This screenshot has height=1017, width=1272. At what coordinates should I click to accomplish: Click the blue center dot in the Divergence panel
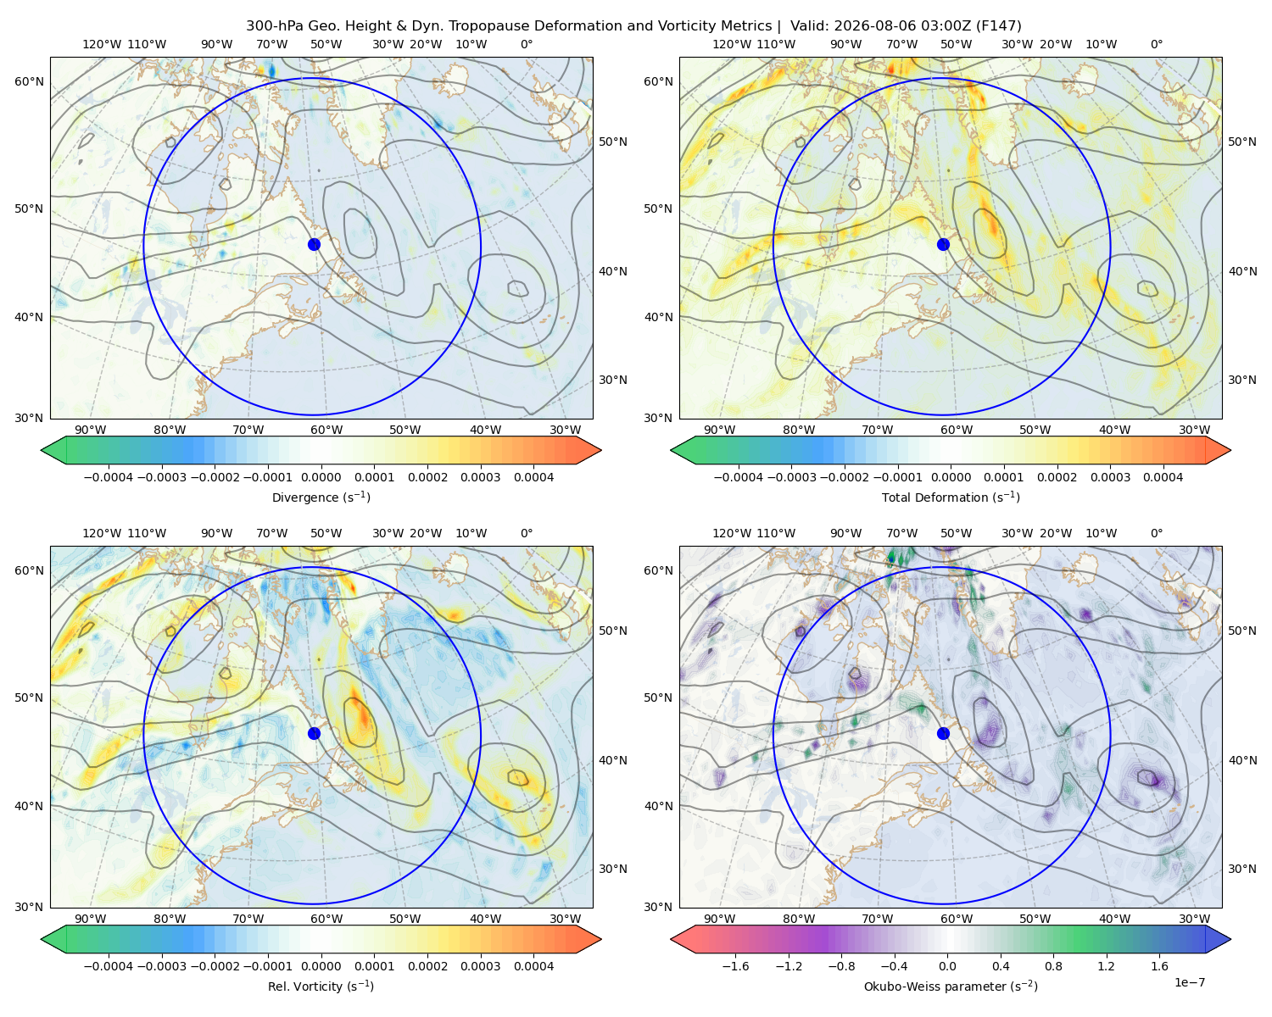click(314, 245)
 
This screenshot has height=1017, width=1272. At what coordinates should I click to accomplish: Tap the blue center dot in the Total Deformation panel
click(943, 245)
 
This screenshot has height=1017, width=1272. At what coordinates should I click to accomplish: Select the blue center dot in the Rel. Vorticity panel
click(314, 733)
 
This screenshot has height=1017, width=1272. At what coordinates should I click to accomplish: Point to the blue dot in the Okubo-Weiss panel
click(943, 733)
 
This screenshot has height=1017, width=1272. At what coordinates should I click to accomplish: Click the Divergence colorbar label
click(321, 497)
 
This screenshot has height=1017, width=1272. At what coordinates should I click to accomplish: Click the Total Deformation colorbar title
click(951, 497)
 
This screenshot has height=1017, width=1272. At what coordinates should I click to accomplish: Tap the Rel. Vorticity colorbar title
click(321, 986)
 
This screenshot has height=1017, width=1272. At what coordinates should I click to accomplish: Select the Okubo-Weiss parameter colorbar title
click(951, 986)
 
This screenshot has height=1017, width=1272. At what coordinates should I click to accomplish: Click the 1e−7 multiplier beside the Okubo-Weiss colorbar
click(1189, 982)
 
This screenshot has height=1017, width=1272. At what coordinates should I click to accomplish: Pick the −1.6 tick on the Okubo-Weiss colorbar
click(736, 966)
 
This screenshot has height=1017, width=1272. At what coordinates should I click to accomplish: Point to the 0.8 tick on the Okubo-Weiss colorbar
click(1053, 966)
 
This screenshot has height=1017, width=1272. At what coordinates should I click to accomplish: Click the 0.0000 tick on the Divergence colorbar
click(321, 477)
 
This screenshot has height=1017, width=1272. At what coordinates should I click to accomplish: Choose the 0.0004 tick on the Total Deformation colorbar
click(1163, 477)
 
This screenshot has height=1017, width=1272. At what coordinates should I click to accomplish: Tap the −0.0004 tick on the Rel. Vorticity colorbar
click(109, 966)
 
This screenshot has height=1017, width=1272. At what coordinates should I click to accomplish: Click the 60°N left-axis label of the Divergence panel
click(29, 81)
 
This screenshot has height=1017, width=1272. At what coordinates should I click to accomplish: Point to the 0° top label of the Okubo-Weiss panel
click(1156, 533)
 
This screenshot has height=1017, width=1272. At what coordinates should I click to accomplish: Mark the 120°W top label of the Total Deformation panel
click(732, 44)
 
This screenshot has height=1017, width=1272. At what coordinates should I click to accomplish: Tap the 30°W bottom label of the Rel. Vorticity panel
click(565, 919)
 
